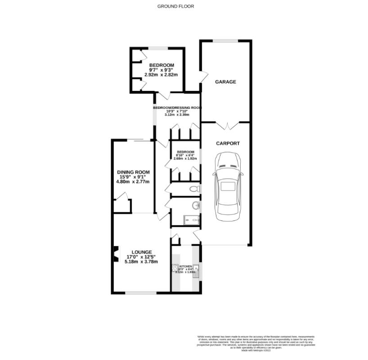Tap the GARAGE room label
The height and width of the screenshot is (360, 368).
point(225,81)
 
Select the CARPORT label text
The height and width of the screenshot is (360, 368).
point(228,144)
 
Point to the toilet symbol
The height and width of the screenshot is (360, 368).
point(195,189)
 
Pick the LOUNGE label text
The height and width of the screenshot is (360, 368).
point(141,252)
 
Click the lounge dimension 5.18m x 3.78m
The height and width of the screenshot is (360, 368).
point(141,261)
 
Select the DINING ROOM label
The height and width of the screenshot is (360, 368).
point(133,172)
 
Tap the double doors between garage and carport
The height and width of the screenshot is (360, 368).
point(225,126)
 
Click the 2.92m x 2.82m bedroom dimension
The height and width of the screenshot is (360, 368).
point(162,75)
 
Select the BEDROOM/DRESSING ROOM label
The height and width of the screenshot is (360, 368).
point(177,108)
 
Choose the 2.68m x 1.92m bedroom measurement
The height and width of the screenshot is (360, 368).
point(185,158)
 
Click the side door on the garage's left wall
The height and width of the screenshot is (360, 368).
point(203,77)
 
